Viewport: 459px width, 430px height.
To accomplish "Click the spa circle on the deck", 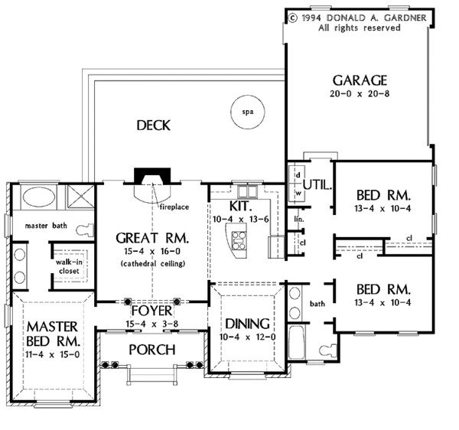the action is tap(248, 96).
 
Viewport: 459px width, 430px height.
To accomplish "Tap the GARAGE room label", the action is tap(360, 80).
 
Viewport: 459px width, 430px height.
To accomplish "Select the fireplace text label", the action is tap(174, 207).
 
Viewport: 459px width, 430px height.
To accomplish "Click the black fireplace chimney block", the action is tap(152, 176).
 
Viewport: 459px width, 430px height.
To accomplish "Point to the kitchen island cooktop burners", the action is tap(239, 240).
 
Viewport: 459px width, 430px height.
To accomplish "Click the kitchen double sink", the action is tap(248, 192).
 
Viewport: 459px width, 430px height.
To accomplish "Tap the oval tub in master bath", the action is tap(39, 197).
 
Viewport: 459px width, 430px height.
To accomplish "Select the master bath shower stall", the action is tap(80, 197).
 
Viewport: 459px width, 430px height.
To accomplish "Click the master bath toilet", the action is tap(85, 230).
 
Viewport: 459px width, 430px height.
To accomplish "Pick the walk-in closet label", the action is tap(69, 266).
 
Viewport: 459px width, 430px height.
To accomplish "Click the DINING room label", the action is tap(247, 324).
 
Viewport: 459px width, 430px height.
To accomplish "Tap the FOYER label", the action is tap(151, 311).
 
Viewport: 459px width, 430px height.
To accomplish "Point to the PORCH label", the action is tap(152, 350).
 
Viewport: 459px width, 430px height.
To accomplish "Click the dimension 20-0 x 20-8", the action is tap(360, 93).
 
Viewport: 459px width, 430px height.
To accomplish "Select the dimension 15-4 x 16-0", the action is tap(152, 251).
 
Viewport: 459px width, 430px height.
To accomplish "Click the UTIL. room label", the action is tap(317, 184).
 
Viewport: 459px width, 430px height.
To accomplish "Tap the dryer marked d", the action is tap(298, 175).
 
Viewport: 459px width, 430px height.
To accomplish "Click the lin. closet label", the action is tap(299, 219).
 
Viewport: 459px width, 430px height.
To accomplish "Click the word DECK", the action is tap(154, 125).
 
